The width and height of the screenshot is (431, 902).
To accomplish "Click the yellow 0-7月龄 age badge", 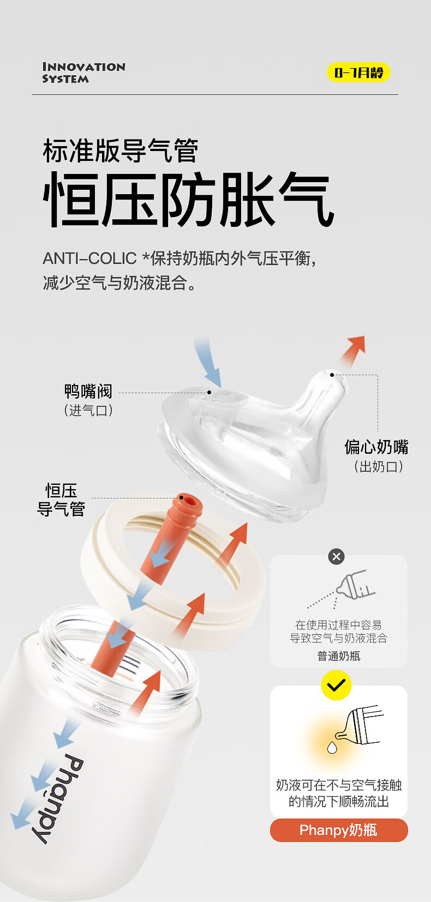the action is click(x=358, y=73).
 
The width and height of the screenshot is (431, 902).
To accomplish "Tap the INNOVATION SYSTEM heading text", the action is click(x=84, y=73).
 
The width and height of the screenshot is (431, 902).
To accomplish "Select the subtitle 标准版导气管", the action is click(x=121, y=151).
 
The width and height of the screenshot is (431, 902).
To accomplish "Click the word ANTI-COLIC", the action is click(x=90, y=258).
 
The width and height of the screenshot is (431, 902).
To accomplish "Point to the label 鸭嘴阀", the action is click(x=88, y=391).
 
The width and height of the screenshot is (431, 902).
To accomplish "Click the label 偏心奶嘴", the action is click(x=376, y=447).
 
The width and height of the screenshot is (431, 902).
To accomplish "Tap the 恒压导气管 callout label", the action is click(x=61, y=500).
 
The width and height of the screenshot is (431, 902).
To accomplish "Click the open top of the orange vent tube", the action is click(x=187, y=501).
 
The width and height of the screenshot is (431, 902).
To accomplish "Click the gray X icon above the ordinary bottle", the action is click(x=336, y=556).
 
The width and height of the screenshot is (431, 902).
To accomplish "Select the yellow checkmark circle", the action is click(x=336, y=685).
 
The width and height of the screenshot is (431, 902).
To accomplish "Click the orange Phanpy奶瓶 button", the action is click(x=339, y=830).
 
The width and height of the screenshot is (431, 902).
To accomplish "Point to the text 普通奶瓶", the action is click(x=339, y=656).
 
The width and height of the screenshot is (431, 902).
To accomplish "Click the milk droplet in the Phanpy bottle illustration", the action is click(x=332, y=747).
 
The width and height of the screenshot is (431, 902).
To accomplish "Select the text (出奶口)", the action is click(x=378, y=467).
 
